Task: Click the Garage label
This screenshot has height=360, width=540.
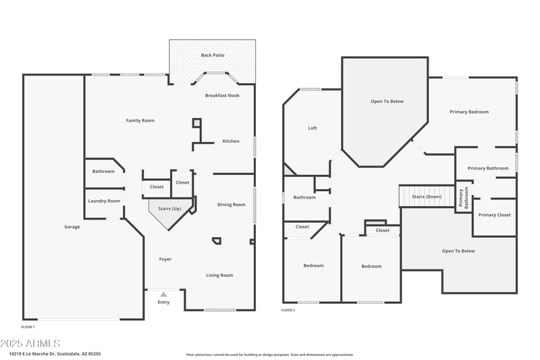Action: (72, 227)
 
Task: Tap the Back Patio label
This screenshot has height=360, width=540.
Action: (212, 55)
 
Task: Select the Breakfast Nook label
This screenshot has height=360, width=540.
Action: (222, 96)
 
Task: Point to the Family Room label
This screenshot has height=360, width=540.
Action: (140, 121)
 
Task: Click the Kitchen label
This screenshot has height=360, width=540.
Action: (231, 141)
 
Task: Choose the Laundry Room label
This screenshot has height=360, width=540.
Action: (104, 201)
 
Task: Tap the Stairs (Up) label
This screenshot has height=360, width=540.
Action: (169, 209)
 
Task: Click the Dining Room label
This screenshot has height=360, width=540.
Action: (232, 205)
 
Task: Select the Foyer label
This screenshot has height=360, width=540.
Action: (165, 259)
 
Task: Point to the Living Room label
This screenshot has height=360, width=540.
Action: (219, 275)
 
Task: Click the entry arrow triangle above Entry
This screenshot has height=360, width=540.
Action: (163, 294)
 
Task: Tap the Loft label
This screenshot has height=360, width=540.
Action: (313, 128)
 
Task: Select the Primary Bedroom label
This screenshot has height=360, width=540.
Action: (469, 112)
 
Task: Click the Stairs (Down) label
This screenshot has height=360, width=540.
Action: (427, 197)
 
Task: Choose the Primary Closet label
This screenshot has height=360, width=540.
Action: (495, 215)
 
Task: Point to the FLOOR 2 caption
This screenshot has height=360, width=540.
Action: (288, 310)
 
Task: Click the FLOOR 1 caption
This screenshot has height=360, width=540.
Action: (28, 327)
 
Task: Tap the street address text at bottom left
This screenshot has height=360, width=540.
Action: (55, 353)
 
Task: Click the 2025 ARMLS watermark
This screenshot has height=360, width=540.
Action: (30, 344)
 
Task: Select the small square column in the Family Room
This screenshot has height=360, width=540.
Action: (196, 123)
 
